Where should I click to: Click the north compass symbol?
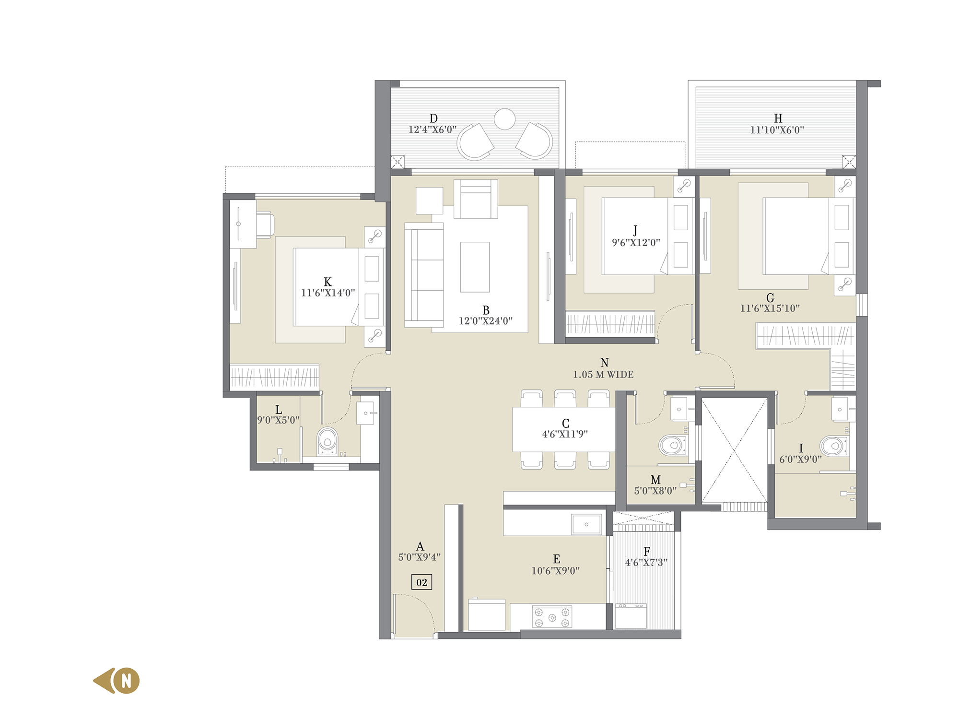click(x=117, y=681)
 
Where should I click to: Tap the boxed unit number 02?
click(x=422, y=582)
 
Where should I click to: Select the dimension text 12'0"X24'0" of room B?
click(x=486, y=321)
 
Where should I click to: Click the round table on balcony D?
click(x=504, y=119)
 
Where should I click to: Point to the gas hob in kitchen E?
click(x=552, y=617)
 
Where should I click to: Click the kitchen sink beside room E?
click(x=586, y=524)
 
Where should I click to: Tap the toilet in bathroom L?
click(x=327, y=441)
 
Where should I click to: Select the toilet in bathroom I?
click(x=834, y=446)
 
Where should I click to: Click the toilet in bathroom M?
click(x=673, y=445)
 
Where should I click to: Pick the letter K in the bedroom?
click(x=328, y=282)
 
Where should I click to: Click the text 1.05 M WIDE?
click(x=603, y=375)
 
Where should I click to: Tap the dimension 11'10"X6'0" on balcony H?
click(x=777, y=130)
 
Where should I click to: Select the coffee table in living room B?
click(x=475, y=267)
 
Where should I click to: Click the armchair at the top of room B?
click(x=476, y=199)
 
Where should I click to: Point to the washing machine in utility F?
click(x=631, y=616)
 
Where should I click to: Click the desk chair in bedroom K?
click(x=265, y=224)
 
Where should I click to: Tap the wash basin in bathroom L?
click(x=366, y=413)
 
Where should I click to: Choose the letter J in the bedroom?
click(x=635, y=231)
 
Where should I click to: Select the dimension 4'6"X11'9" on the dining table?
click(x=565, y=434)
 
